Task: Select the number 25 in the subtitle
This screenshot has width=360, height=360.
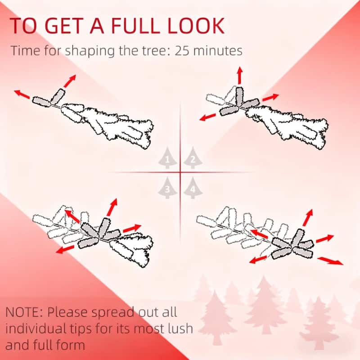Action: pos(182,50)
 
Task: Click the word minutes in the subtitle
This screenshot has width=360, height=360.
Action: pos(218,50)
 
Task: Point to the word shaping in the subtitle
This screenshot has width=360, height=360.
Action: pos(90,51)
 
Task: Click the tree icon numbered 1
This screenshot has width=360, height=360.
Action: pos(167,158)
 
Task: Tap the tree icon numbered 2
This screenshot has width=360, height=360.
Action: pos(193,158)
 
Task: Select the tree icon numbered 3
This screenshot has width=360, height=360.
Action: pos(167,188)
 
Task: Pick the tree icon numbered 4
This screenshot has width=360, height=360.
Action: pos(193,188)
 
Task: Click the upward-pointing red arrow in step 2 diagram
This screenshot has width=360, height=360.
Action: pos(240,75)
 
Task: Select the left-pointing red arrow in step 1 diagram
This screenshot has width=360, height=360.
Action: pos(22,94)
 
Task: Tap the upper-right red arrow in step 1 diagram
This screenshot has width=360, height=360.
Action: pos(70,81)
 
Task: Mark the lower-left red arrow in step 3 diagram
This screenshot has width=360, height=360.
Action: pos(65,249)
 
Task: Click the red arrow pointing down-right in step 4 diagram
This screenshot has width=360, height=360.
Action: pos(330,261)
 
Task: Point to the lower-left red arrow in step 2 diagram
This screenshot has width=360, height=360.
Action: pos(208,117)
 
